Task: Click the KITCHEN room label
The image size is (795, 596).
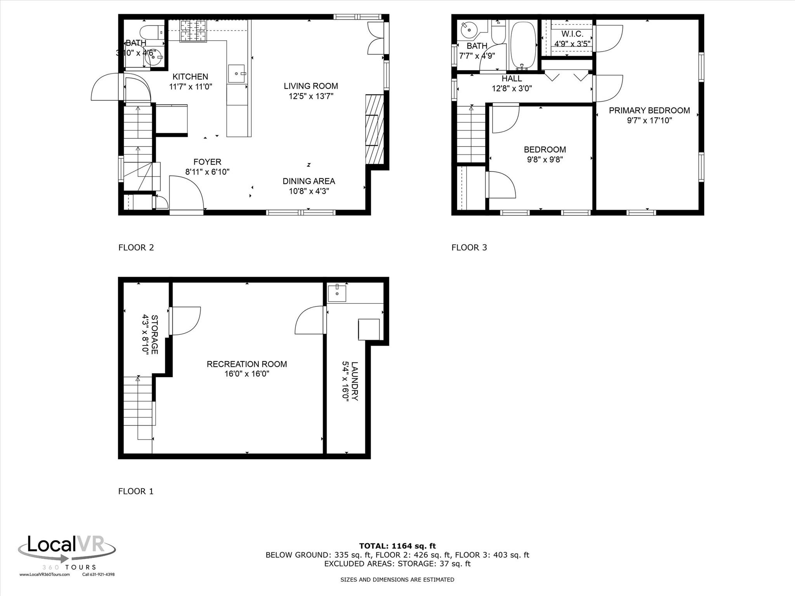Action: pyautogui.click(x=190, y=76)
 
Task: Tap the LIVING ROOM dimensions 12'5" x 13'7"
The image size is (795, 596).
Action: pyautogui.click(x=311, y=96)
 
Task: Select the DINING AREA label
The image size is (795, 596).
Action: pyautogui.click(x=309, y=181)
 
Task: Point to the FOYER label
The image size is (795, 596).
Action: pyautogui.click(x=207, y=162)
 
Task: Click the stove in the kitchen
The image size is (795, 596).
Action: pyautogui.click(x=193, y=31)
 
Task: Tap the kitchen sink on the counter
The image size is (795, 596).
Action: pyautogui.click(x=236, y=73)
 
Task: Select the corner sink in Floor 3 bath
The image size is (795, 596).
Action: pyautogui.click(x=469, y=29)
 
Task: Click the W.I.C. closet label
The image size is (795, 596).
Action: pyautogui.click(x=572, y=34)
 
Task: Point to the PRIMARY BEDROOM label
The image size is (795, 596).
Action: pyautogui.click(x=649, y=111)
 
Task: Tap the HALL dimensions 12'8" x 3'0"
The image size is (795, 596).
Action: pyautogui.click(x=512, y=88)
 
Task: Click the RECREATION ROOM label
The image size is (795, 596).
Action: pyautogui.click(x=246, y=364)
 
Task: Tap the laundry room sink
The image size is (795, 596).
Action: pyautogui.click(x=337, y=293)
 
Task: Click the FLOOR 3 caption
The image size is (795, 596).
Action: pyautogui.click(x=469, y=247)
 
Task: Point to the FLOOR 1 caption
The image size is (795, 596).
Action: pyautogui.click(x=135, y=491)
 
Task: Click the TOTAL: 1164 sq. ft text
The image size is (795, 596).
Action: pyautogui.click(x=397, y=546)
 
